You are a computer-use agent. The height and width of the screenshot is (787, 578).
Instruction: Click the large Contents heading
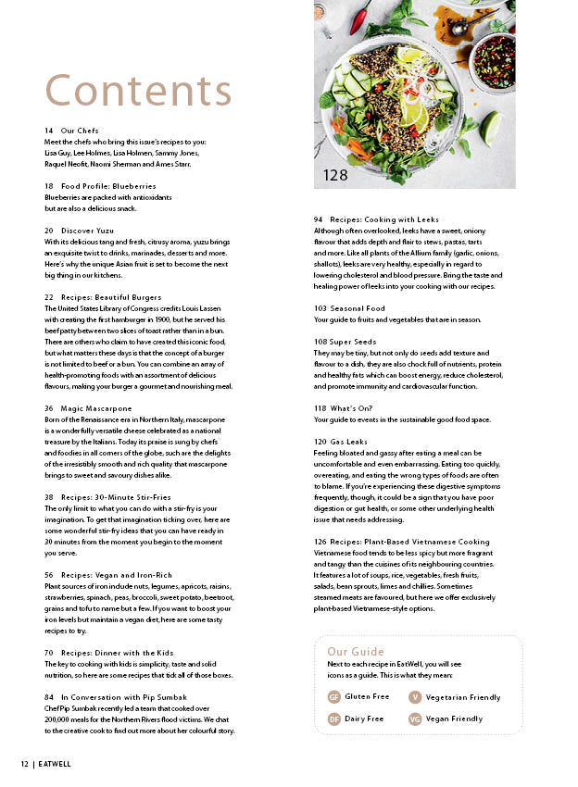click(x=138, y=91)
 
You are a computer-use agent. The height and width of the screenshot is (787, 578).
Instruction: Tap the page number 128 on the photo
click(x=335, y=175)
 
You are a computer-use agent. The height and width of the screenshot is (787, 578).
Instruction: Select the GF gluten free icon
click(x=333, y=697)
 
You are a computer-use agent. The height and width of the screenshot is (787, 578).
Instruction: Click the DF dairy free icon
click(x=333, y=718)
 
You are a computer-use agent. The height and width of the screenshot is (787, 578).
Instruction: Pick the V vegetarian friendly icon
click(x=415, y=697)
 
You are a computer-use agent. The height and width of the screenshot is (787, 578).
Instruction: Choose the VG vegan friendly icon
click(x=415, y=718)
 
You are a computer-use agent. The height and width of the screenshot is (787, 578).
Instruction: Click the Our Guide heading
click(x=356, y=652)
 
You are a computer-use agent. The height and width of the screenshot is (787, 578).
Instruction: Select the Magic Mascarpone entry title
click(x=96, y=408)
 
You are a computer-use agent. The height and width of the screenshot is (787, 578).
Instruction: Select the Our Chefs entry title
click(x=80, y=131)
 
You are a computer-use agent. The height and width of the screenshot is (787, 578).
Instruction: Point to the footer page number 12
click(x=25, y=764)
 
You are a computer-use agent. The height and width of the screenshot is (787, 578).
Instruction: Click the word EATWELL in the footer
click(x=57, y=764)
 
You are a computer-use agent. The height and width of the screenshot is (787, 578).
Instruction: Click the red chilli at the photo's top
click(x=361, y=16)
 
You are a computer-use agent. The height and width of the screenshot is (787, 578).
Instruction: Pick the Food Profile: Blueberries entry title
click(x=108, y=186)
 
